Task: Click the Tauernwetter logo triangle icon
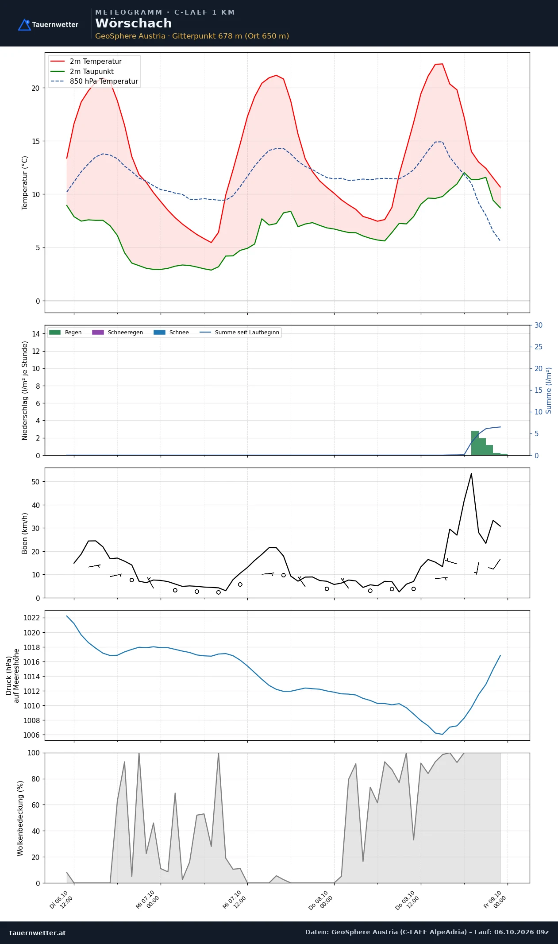(x=24, y=25)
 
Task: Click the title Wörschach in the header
(x=134, y=23)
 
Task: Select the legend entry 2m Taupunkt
(x=82, y=71)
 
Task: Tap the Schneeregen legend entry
(x=118, y=333)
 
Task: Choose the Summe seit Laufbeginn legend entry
(x=239, y=333)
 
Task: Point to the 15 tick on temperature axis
(x=35, y=141)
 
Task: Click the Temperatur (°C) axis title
(x=25, y=183)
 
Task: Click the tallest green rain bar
(x=475, y=443)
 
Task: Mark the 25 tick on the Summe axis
(x=539, y=347)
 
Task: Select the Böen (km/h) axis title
(x=25, y=533)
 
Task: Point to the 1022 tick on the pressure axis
(x=31, y=618)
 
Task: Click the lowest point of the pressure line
(x=442, y=734)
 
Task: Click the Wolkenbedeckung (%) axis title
(x=20, y=818)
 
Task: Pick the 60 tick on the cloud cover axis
(x=35, y=805)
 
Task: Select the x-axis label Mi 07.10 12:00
(x=235, y=900)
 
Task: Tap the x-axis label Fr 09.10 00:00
(x=495, y=900)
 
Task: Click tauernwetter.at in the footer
(x=38, y=932)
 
